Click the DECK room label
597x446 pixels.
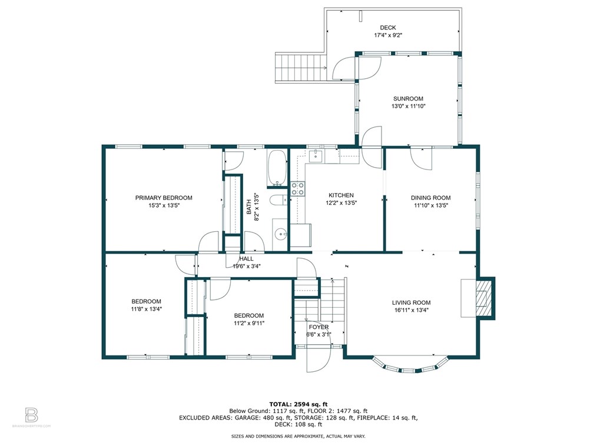387,28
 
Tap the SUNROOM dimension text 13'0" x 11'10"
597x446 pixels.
408,106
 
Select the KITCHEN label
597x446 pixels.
341,195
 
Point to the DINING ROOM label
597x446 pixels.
430,198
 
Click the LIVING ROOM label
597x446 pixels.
411,302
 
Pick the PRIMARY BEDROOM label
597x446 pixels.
164,198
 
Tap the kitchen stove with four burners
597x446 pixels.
298,188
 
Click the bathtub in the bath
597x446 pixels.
277,168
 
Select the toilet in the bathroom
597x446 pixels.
278,199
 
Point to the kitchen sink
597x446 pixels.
316,155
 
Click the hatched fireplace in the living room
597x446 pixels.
485,298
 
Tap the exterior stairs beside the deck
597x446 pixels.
301,68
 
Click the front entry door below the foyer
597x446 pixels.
319,359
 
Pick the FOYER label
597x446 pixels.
319,327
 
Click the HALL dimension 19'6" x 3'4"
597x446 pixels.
247,267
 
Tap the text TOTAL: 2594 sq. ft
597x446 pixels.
298,404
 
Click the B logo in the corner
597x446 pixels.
31,415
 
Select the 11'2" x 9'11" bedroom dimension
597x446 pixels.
249,324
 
